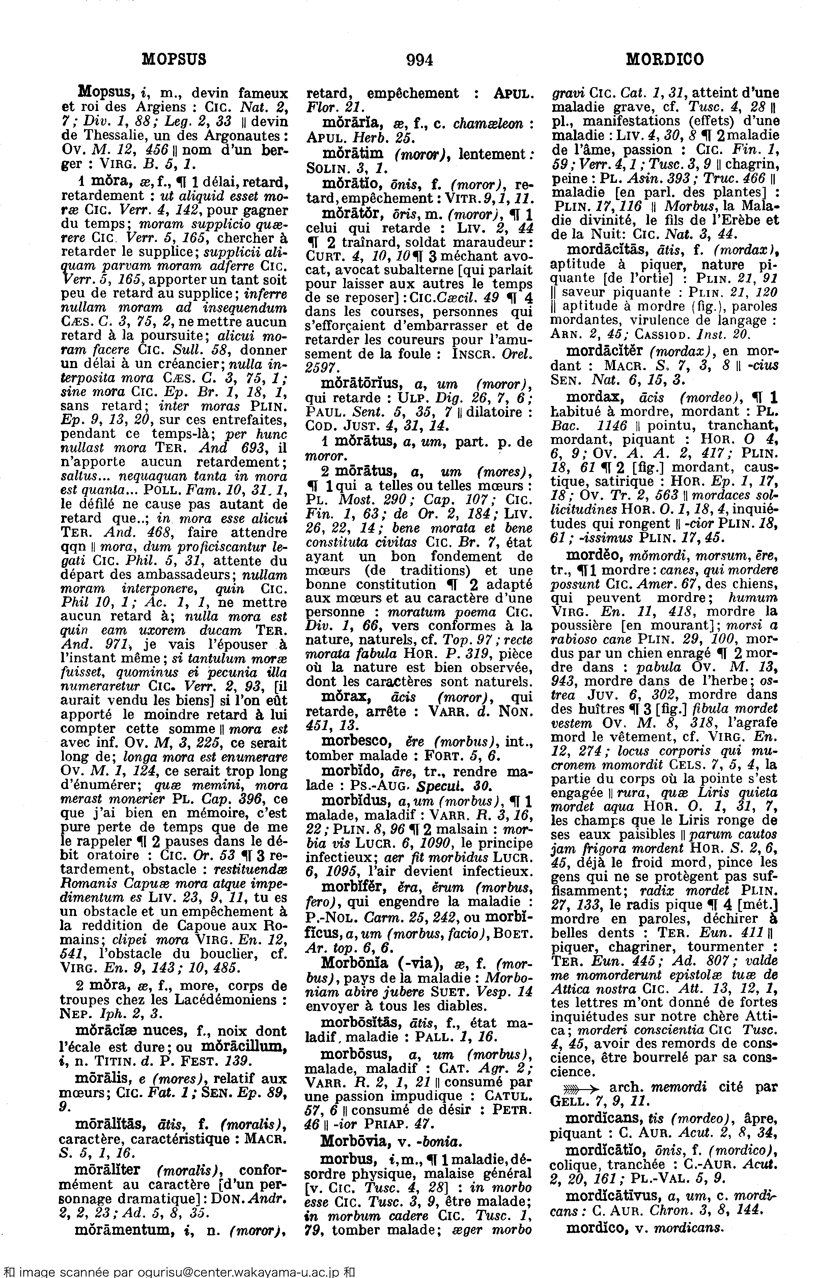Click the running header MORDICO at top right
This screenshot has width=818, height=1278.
click(x=665, y=59)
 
